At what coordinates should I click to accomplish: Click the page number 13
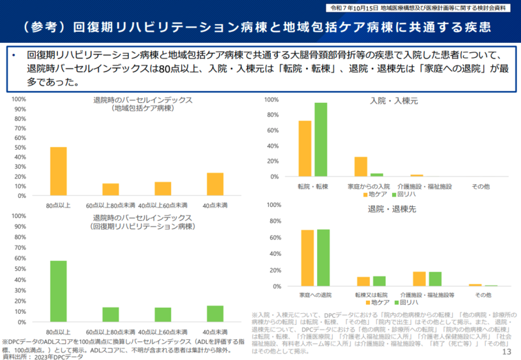[509, 352]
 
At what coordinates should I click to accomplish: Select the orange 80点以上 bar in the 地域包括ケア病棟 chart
[58, 171]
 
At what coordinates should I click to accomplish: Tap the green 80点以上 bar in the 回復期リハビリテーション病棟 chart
[58, 292]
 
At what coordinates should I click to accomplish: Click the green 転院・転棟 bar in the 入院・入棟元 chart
[320, 139]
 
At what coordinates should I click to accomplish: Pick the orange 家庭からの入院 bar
[360, 167]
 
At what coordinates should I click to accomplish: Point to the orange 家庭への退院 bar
[307, 258]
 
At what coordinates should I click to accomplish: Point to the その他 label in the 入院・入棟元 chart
[479, 187]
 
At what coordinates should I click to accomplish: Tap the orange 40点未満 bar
[214, 184]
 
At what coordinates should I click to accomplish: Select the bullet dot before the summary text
[13, 56]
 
